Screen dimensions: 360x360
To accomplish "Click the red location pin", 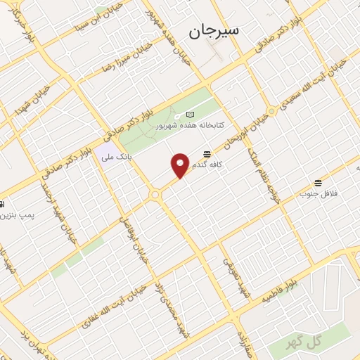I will pyautogui.click(x=180, y=165).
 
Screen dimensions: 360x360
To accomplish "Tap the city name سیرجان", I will pyautogui.click(x=214, y=31).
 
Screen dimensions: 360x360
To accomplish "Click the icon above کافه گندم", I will pyautogui.click(x=207, y=154).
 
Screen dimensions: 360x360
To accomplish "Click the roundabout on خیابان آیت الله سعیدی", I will pyautogui.click(x=271, y=111).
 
